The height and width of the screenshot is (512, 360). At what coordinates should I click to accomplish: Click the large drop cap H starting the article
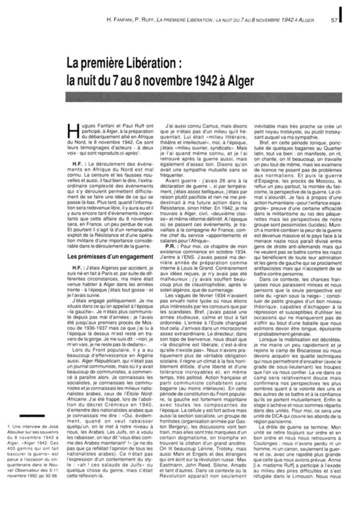point(72,130)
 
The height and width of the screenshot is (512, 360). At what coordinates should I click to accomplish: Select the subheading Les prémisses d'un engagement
point(110,256)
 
